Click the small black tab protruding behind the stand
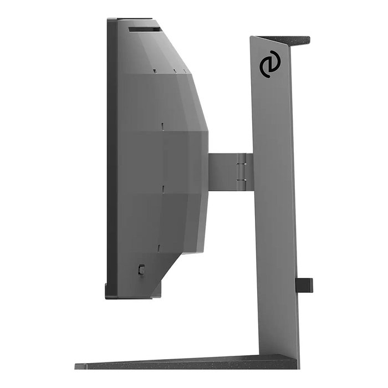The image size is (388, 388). click(x=305, y=285)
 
